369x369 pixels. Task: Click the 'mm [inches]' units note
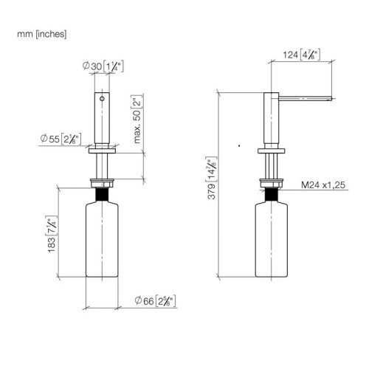(41, 34)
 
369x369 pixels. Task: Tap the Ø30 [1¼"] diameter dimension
(103, 66)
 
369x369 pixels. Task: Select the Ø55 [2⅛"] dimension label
(61, 139)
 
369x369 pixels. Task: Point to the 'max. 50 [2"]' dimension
(137, 119)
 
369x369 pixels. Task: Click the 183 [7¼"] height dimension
(52, 234)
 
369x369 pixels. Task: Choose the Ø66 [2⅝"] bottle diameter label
(155, 300)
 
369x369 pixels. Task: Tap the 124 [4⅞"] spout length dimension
(301, 55)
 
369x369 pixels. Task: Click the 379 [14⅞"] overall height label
(211, 178)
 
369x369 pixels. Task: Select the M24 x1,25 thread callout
(323, 184)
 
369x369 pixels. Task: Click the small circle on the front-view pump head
(102, 99)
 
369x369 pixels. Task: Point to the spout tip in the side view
(331, 99)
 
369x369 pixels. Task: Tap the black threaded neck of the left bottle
(102, 195)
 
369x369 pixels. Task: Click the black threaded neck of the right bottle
(272, 195)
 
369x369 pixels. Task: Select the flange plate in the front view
(102, 151)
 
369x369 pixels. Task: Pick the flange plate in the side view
(272, 151)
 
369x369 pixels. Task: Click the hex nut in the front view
(102, 183)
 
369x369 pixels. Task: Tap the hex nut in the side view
(272, 183)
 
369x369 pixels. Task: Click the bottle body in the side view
(272, 239)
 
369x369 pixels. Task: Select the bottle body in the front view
(102, 239)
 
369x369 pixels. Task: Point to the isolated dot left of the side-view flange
(239, 145)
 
